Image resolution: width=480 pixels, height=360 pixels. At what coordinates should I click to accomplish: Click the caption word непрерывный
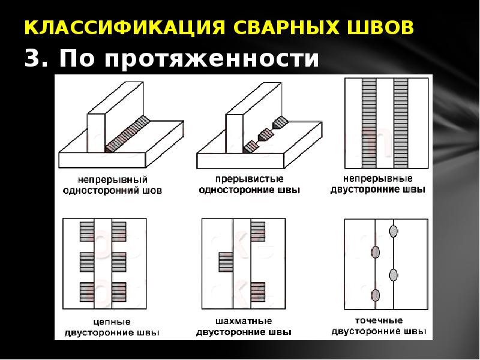coord(113,179)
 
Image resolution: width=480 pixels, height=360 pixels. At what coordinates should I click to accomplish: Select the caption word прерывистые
coord(249,179)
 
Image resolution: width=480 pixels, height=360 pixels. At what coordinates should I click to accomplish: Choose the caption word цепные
coord(112,322)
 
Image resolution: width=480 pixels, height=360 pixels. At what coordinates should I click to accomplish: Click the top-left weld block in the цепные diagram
coord(88,231)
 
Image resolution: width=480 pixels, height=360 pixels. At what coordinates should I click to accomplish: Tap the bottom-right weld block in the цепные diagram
coord(119,292)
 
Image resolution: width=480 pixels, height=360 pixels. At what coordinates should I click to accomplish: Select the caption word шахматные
coord(244,321)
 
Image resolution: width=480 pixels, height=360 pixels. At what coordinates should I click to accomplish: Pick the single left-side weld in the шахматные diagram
coord(226,262)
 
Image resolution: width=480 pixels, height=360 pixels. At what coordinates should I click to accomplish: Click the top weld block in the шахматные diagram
coord(258,231)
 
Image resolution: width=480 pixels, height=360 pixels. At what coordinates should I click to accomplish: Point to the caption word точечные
coord(378,320)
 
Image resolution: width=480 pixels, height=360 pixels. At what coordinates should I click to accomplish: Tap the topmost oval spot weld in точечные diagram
coord(394,230)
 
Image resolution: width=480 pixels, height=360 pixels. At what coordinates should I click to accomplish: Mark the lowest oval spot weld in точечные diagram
coord(376,295)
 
